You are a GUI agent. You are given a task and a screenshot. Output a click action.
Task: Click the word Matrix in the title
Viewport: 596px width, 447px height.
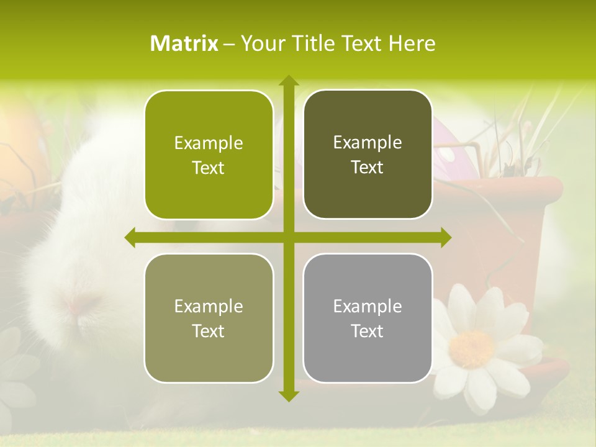pyautogui.click(x=184, y=43)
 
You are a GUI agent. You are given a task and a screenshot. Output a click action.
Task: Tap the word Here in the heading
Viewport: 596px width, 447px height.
pyautogui.click(x=412, y=43)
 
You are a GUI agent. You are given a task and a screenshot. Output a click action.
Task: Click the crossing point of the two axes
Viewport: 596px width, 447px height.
pyautogui.click(x=288, y=237)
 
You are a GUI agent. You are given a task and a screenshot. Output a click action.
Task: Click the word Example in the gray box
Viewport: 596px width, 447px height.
pyautogui.click(x=368, y=307)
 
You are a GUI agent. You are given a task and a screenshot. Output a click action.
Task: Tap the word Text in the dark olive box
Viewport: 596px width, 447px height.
pyautogui.click(x=368, y=168)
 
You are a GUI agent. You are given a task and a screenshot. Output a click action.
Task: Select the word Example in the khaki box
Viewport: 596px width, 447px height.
pyautogui.click(x=209, y=307)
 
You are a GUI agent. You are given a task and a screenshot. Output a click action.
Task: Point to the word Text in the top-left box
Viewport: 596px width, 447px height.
pyautogui.click(x=209, y=168)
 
